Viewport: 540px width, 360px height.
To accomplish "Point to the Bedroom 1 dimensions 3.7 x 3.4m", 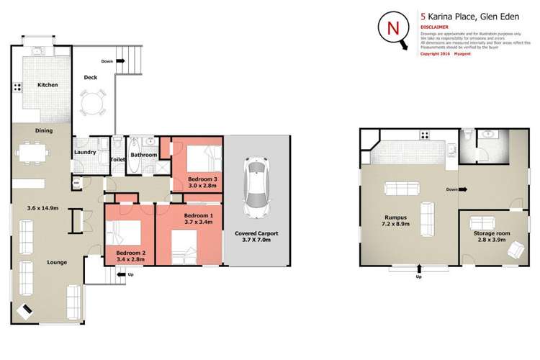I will pos(198,222).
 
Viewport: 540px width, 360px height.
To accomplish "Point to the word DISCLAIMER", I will pos(436,21).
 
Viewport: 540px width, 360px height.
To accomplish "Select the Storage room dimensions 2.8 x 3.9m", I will pos(492,240).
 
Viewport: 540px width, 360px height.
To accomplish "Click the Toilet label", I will pos(119,159).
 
